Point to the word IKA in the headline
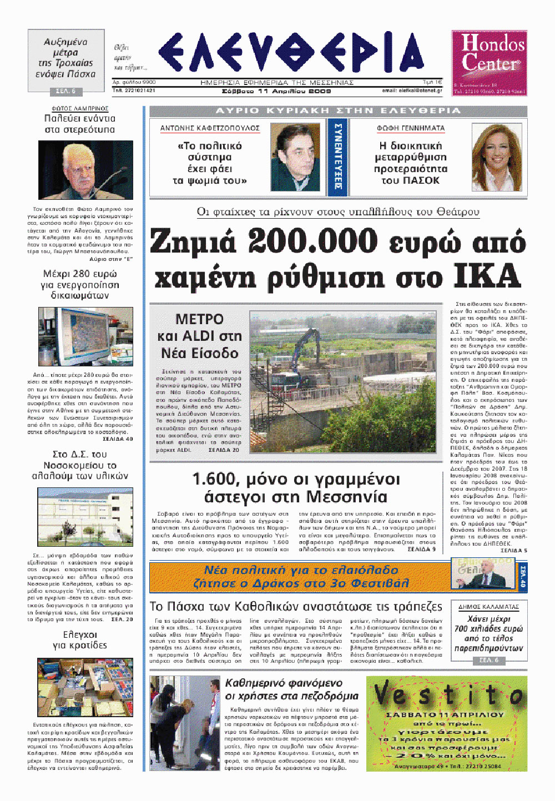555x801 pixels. pos(486,276)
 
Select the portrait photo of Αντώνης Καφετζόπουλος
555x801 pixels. pos(295,158)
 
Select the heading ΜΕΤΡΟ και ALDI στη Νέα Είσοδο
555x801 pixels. pos(199,336)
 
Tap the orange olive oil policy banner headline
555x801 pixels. pos(301,577)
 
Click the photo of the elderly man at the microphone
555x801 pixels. pos(85,170)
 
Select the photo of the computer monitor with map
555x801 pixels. pos(85,336)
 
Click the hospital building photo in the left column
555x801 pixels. pos(85,516)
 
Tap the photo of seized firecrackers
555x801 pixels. pos(85,687)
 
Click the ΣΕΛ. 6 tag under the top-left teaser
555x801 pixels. pos(66,91)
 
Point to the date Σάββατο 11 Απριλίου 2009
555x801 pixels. pos(276,91)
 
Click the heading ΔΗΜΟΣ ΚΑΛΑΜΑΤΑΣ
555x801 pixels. pos(488,607)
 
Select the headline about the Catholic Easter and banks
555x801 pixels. pos(296,606)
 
